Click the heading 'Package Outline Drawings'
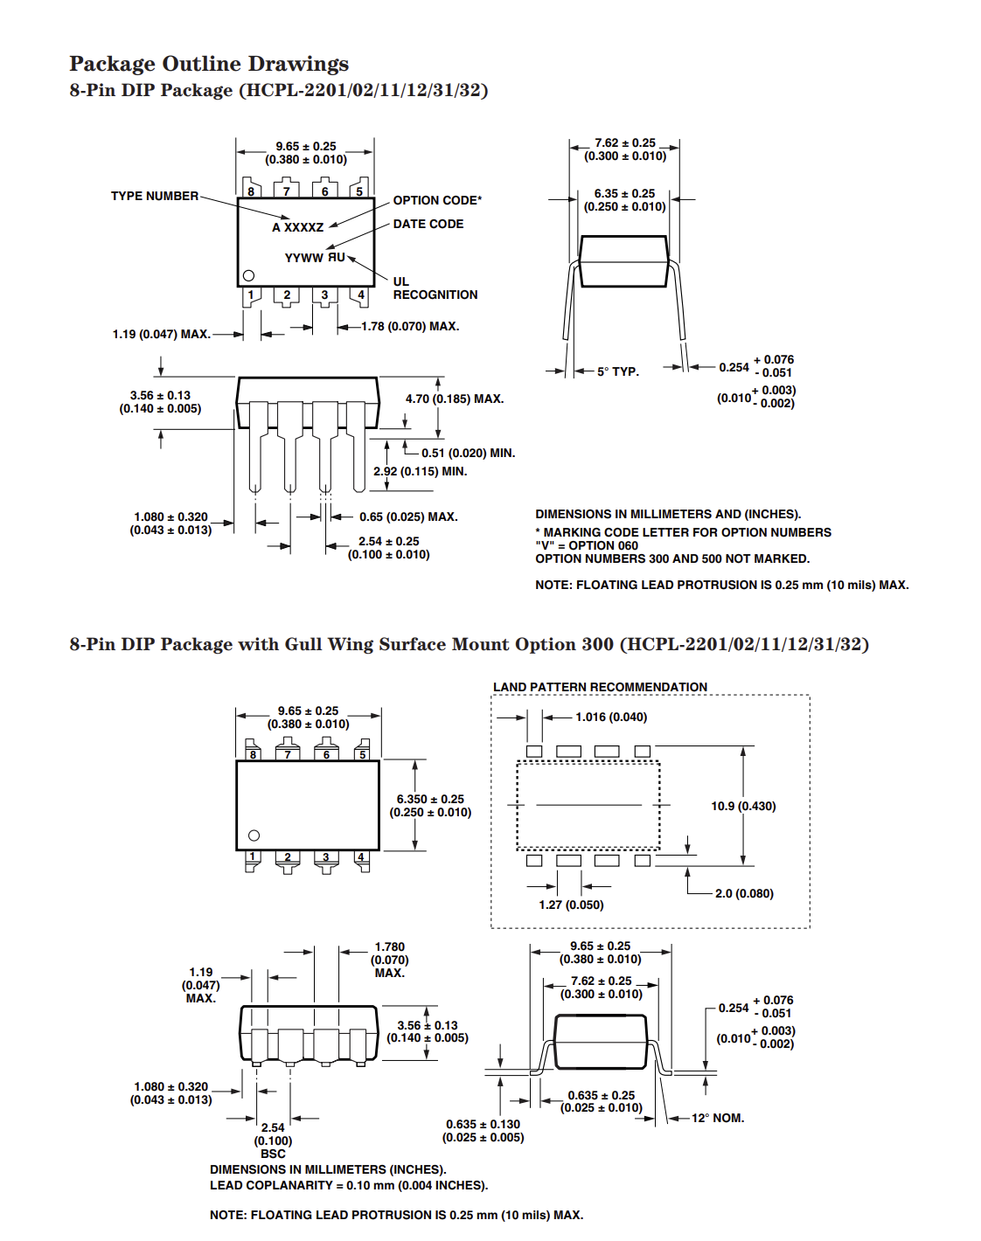tap(209, 64)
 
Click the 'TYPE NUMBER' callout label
tap(155, 196)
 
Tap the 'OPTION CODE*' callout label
tap(437, 200)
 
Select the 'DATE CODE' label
tap(428, 224)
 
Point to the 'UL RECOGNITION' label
tap(435, 288)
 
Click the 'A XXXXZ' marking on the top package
tap(298, 227)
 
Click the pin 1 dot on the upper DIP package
tap(248, 275)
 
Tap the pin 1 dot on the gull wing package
tap(254, 835)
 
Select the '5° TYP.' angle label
tap(618, 371)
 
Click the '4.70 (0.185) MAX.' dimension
tap(455, 399)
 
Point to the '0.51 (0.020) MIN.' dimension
tap(468, 453)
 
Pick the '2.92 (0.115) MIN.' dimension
tap(420, 471)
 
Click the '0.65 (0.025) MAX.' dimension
tap(408, 517)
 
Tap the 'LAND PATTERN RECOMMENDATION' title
tap(600, 687)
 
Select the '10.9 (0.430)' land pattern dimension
tap(743, 806)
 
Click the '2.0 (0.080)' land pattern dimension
tap(744, 893)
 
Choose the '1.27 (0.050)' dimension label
tap(571, 905)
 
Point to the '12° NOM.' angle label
tap(718, 1118)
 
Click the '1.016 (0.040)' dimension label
tap(611, 717)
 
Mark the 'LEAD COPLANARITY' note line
tap(349, 1185)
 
